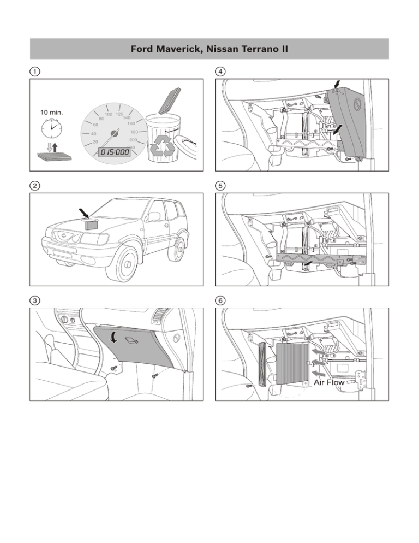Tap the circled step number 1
35,72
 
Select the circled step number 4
220,72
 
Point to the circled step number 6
220,300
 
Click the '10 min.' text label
51,112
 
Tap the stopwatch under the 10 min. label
51,128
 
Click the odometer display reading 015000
115,152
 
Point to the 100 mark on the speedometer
109,114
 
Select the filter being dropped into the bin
170,101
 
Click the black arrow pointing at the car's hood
83,213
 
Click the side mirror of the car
154,217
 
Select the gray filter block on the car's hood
92,225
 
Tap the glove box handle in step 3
131,341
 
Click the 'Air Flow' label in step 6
329,382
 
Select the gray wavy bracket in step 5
321,258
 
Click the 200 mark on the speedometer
133,140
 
